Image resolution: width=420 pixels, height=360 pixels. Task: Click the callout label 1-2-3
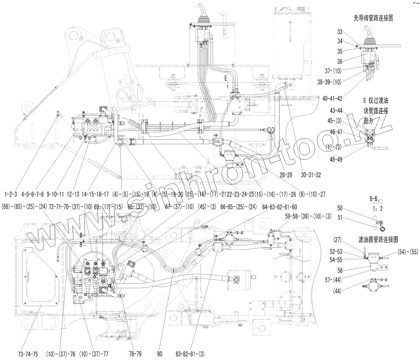coord(11,194)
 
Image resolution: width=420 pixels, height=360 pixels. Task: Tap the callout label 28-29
coord(286,175)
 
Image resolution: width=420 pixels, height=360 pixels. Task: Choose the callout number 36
coord(340,61)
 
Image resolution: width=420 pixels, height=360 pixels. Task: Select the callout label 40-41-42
coord(332,98)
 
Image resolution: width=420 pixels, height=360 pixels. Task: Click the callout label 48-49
coord(336,159)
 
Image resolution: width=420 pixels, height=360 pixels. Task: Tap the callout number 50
coord(340,208)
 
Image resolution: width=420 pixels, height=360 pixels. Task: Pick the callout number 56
coord(340,270)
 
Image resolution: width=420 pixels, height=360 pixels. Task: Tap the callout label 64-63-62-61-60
coord(279,207)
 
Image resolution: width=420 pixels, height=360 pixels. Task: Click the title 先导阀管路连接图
coord(373,18)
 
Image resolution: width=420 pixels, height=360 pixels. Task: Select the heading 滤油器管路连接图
coord(378,239)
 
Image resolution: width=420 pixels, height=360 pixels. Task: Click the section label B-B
coord(374,199)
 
